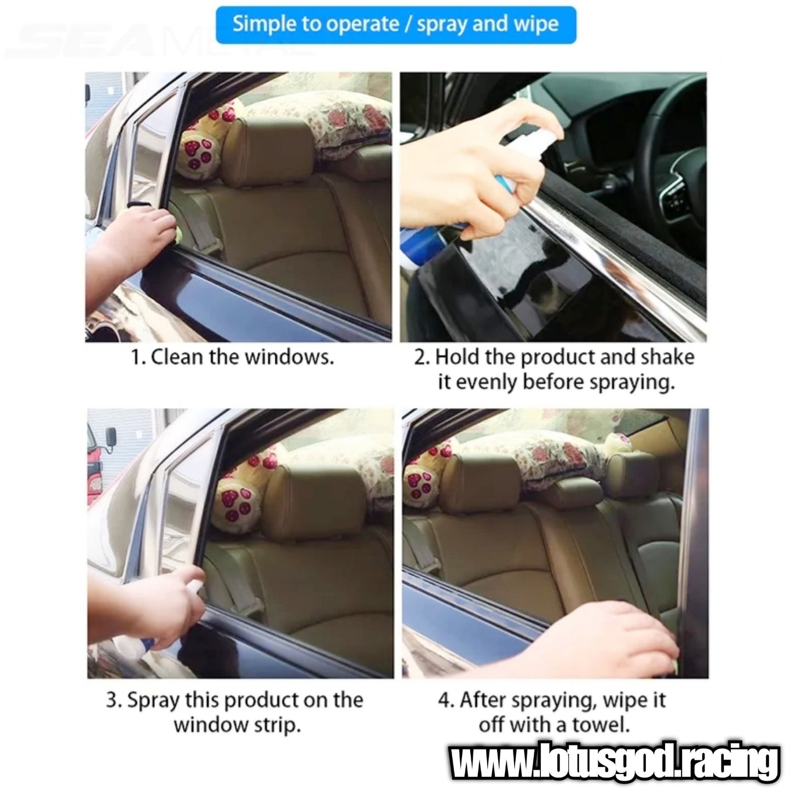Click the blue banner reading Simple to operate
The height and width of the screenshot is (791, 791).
pos(396,25)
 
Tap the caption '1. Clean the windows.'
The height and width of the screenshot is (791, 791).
pos(232,357)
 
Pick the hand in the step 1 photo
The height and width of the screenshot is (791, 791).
pos(137,238)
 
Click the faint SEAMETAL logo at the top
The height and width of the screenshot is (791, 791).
pos(160,41)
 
